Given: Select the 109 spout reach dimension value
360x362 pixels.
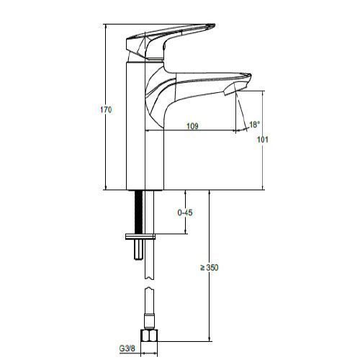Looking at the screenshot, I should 193,126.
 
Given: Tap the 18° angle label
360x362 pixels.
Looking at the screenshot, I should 254,125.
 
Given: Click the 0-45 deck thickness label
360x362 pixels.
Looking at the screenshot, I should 185,212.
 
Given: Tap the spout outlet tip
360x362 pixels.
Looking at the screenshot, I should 240,90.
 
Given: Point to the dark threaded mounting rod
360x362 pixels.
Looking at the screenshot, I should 138,212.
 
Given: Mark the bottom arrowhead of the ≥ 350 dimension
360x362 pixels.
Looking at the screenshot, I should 210,338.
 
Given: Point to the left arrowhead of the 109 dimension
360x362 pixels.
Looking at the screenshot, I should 149,131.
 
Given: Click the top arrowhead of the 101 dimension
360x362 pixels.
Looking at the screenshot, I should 262,93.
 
